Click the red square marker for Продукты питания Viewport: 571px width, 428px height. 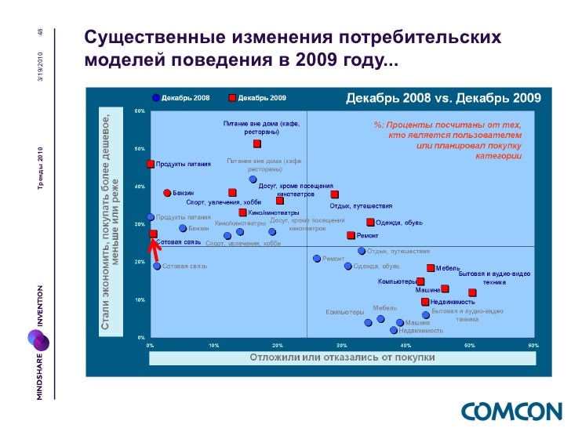[x=151, y=164]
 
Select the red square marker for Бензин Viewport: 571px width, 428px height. [x=167, y=193]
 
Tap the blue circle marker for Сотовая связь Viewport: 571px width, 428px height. [x=157, y=267]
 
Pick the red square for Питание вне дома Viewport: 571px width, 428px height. [x=257, y=144]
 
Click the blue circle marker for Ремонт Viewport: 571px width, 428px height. [x=317, y=259]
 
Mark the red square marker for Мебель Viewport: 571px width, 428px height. [x=431, y=268]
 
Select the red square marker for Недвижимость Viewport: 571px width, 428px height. [x=425, y=302]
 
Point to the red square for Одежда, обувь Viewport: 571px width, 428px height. [x=370, y=223]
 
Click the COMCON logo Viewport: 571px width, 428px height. [x=511, y=411]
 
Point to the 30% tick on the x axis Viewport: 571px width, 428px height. [x=341, y=344]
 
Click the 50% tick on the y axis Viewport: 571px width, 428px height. [x=139, y=148]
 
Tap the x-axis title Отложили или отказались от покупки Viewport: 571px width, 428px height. [x=342, y=357]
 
